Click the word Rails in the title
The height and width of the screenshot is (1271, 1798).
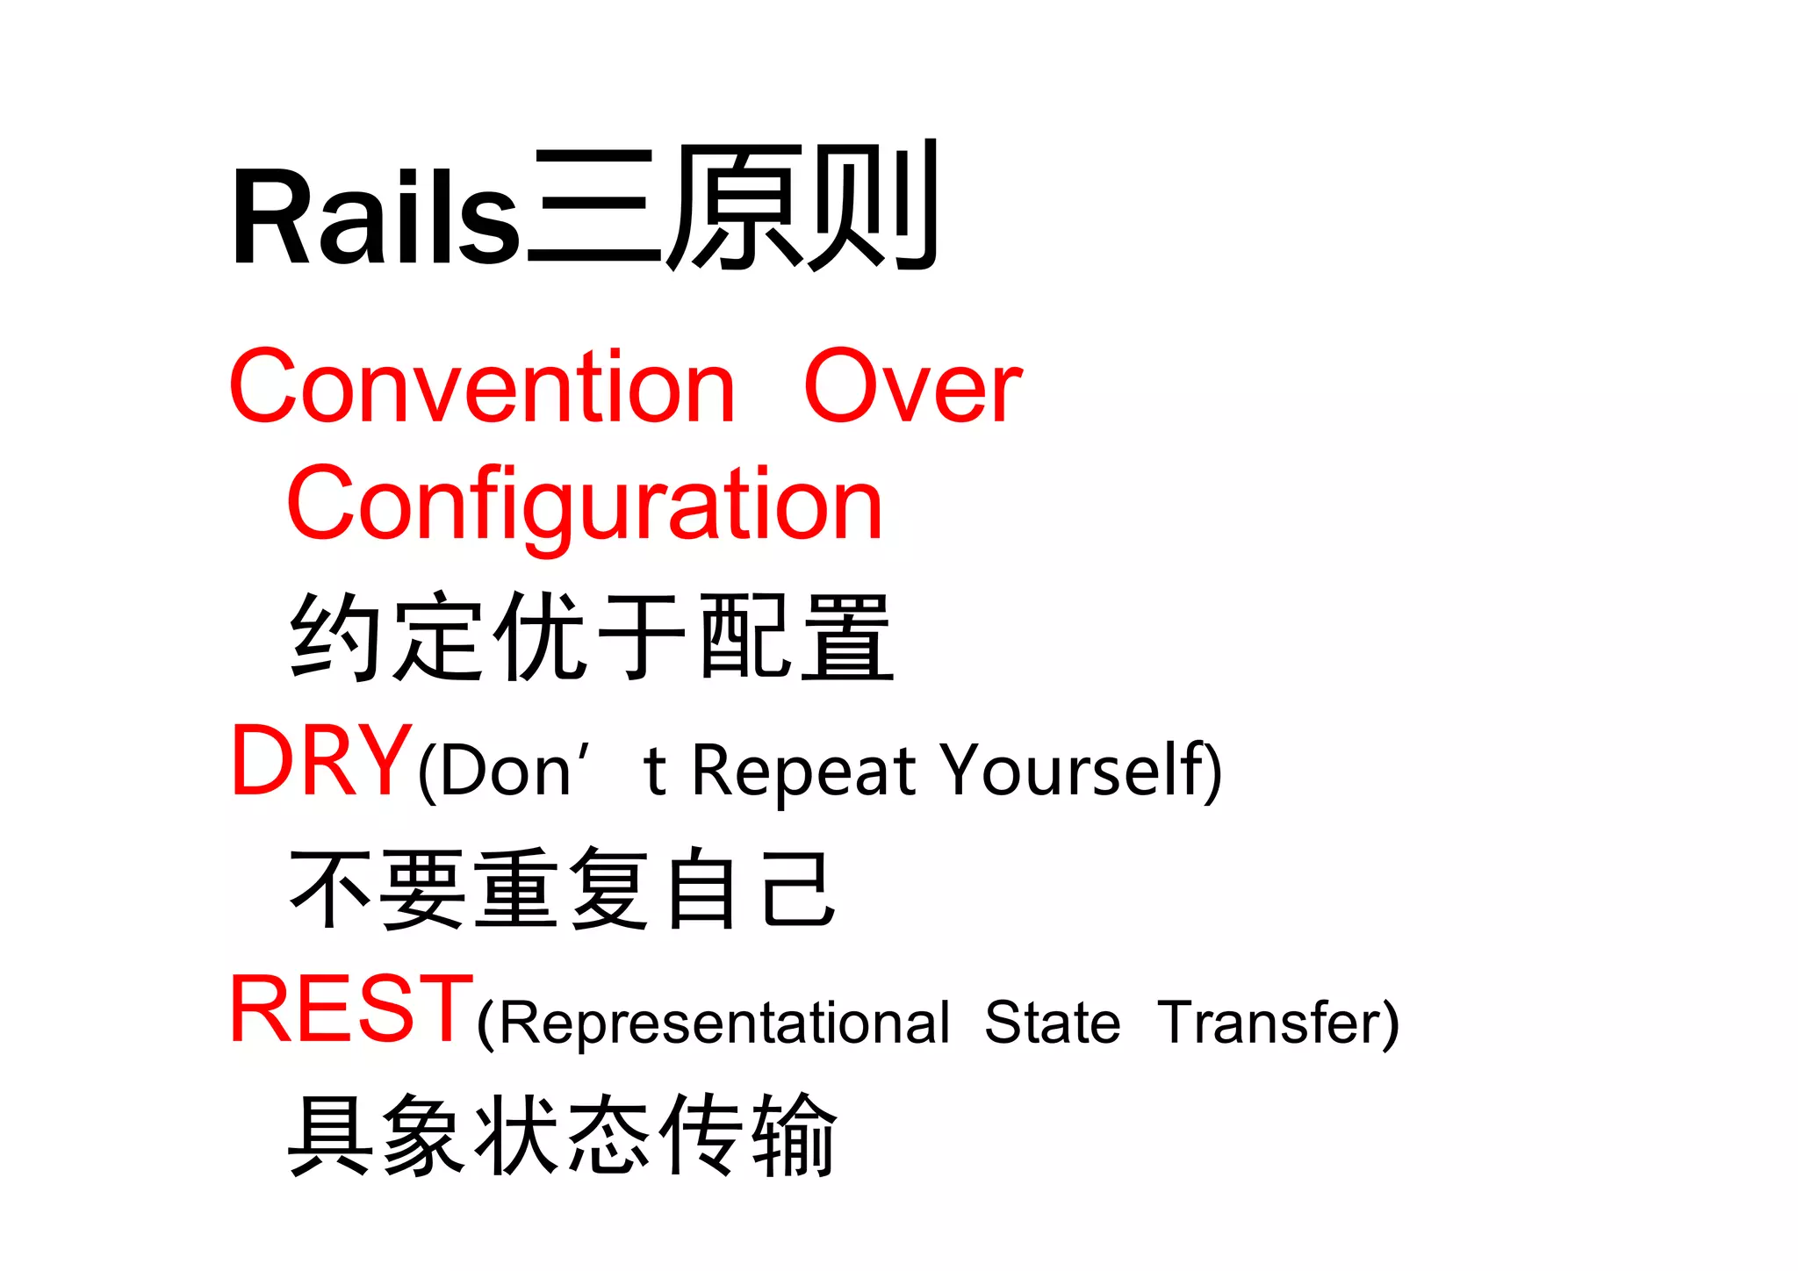coord(376,216)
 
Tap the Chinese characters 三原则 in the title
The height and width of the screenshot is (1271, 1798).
coord(734,207)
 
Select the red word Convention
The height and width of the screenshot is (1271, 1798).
coord(481,386)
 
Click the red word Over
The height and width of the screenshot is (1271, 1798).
coord(913,386)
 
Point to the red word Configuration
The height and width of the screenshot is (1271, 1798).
coord(585,506)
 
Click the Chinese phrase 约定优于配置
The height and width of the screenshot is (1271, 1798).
coord(592,637)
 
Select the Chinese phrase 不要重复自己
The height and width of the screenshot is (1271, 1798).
coord(562,888)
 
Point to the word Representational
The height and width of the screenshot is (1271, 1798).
coord(725,1023)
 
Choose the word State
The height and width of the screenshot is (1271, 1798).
coord(1052,1023)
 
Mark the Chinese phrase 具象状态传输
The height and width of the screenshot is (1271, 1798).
coord(562,1134)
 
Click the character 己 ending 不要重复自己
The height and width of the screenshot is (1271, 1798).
coord(798,888)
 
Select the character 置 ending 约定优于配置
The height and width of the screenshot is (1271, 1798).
coord(846,637)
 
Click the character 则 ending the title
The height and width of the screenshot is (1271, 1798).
coord(874,207)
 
